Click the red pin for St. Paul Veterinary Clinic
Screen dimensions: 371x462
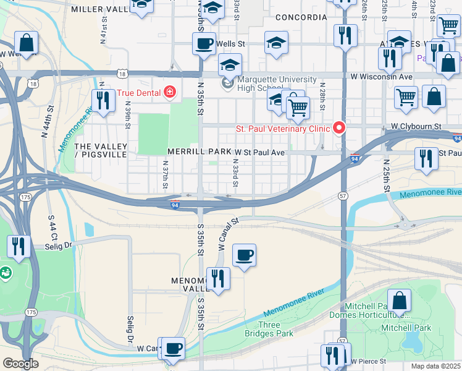point(338,128)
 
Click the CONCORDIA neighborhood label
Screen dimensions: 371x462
point(300,17)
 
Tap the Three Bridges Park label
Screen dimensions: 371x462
point(275,329)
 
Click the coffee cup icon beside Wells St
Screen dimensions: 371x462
point(204,44)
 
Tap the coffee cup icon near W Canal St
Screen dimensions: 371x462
point(244,255)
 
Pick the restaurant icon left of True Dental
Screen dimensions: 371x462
point(103,101)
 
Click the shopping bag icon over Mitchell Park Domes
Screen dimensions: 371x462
point(400,301)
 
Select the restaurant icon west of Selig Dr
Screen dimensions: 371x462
point(19,247)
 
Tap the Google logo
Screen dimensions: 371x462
point(20,363)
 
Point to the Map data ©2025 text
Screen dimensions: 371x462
point(435,366)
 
